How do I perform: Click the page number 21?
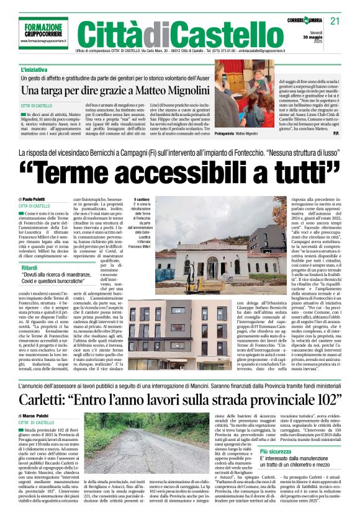(335, 22)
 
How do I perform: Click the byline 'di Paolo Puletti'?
(35, 198)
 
